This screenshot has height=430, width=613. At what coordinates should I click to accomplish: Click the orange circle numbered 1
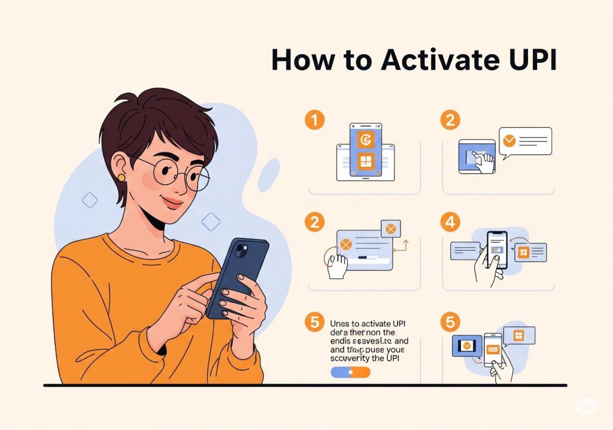point(314,121)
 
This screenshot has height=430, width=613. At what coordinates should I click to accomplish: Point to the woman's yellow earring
point(122,178)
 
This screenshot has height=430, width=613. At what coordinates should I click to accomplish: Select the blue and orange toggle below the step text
point(351,372)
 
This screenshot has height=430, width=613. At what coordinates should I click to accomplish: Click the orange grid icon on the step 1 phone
point(365,161)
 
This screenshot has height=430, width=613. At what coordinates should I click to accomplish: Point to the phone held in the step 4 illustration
point(497,249)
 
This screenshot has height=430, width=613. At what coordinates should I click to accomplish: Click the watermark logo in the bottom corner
point(586,406)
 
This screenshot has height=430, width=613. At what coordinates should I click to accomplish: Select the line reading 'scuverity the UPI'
point(365,359)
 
